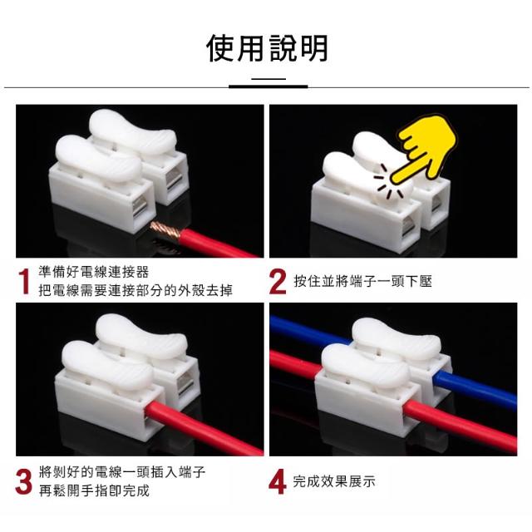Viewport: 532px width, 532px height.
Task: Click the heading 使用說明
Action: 267,48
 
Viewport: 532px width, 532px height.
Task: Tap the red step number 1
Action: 24,281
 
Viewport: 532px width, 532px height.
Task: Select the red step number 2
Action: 278,281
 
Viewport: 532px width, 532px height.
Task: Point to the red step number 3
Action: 24,481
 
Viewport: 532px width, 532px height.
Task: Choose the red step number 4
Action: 277,481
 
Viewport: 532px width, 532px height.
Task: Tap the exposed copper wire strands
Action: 165,231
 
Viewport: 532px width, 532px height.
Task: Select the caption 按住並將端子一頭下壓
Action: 362,281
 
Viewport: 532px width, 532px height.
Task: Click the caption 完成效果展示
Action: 334,481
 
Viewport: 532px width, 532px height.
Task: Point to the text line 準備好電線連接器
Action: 94,272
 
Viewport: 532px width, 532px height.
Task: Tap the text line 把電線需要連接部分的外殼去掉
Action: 135,290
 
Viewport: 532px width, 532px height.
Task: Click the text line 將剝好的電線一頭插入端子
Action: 122,472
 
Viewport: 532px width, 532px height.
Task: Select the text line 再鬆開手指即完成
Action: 94,490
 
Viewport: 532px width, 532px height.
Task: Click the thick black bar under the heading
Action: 268,86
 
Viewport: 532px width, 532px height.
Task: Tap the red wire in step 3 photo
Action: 204,428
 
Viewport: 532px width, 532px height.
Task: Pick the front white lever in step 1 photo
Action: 98,159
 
